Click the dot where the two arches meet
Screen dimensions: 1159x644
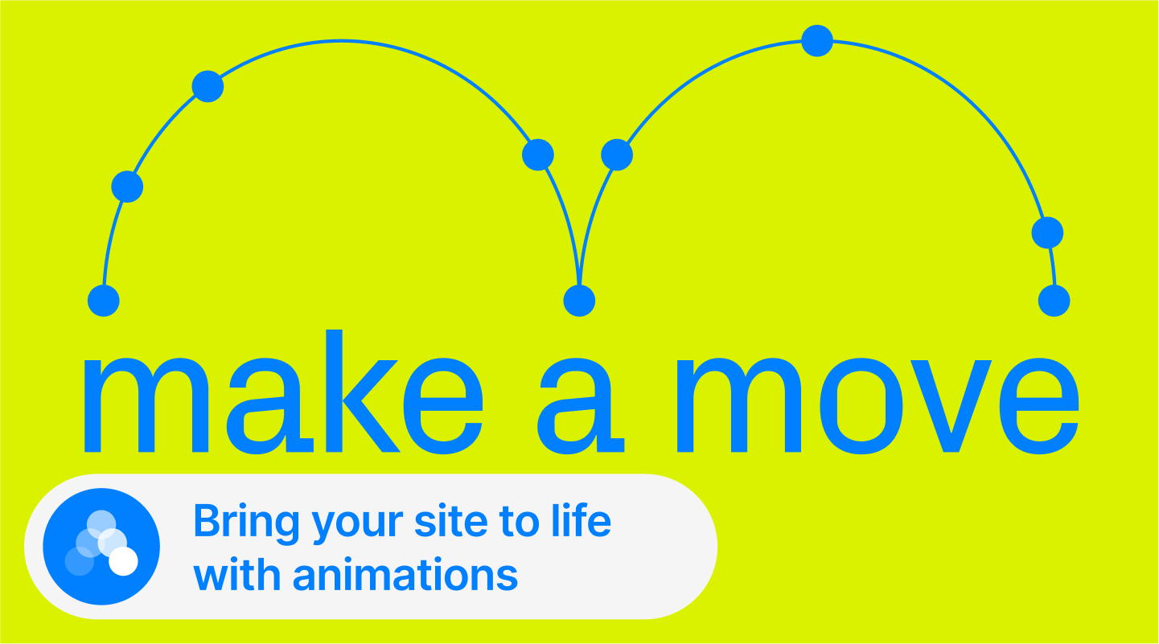point(579,301)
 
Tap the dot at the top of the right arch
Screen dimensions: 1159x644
point(817,40)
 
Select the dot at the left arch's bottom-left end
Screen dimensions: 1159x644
point(104,301)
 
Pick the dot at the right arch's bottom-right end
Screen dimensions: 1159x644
point(1054,301)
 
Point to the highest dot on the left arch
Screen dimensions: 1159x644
point(208,86)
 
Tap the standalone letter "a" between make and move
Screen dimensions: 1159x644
point(581,406)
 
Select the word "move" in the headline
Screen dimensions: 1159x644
point(878,406)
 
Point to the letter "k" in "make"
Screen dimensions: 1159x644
point(363,391)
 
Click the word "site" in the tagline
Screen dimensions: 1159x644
point(451,522)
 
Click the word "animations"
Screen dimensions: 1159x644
point(405,574)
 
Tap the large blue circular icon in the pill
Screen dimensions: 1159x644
point(101,546)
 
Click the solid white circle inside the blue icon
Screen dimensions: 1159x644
point(123,561)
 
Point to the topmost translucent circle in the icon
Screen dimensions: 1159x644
point(101,524)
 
